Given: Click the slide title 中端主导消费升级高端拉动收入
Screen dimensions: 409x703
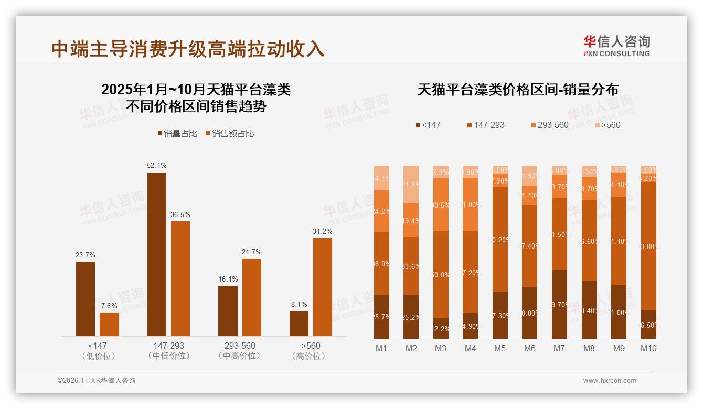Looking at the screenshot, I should pyautogui.click(x=188, y=49).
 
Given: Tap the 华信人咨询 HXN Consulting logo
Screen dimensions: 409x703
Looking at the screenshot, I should pyautogui.click(x=616, y=46).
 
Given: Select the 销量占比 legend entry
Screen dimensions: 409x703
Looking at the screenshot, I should pyautogui.click(x=177, y=134).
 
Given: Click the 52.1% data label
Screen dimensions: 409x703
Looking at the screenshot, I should pyautogui.click(x=156, y=165).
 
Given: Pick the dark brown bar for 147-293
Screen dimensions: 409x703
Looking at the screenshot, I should pyautogui.click(x=156, y=254).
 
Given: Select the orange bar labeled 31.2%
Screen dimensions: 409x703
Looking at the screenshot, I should pyautogui.click(x=323, y=287).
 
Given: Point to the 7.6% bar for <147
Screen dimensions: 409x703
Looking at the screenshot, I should pyautogui.click(x=109, y=324).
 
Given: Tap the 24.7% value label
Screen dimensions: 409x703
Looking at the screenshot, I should pyautogui.click(x=252, y=252).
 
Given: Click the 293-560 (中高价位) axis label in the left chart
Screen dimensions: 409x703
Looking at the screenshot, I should pyautogui.click(x=240, y=351).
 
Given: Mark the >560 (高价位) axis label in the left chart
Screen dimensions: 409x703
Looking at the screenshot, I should pyautogui.click(x=311, y=351).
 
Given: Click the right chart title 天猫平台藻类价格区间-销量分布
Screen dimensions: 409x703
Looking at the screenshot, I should pyautogui.click(x=518, y=90).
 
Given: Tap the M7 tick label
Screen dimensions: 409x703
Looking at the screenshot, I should pyautogui.click(x=560, y=348).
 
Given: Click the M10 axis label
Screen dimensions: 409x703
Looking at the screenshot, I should pyautogui.click(x=648, y=348).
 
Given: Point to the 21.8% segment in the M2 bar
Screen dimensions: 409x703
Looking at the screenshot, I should pyautogui.click(x=411, y=185).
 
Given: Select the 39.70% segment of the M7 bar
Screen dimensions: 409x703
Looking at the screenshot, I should pyautogui.click(x=560, y=304).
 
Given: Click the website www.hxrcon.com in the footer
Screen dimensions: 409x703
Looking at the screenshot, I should pyautogui.click(x=610, y=381).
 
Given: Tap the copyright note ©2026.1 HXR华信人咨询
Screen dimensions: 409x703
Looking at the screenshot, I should pyautogui.click(x=97, y=381).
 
